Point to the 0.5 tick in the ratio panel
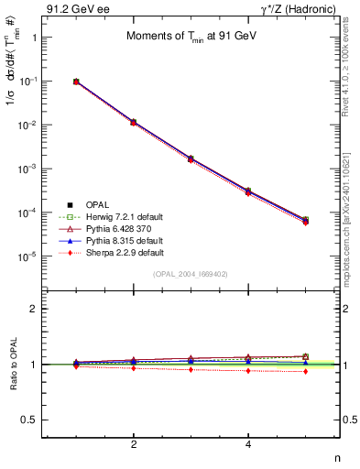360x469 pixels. coord(30,420)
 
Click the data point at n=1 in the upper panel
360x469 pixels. coord(77,82)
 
